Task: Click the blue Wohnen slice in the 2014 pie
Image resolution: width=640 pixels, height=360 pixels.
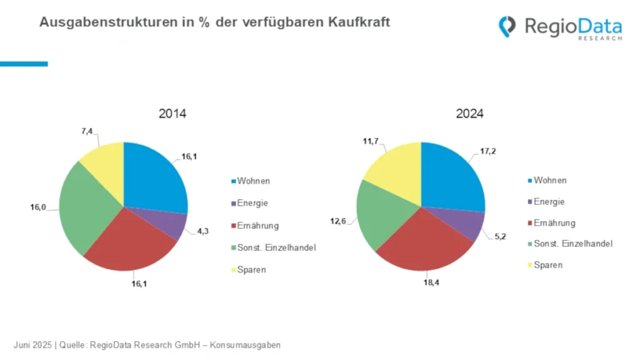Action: pyautogui.click(x=153, y=178)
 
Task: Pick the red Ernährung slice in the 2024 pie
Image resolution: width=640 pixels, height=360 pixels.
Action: pyautogui.click(x=425, y=244)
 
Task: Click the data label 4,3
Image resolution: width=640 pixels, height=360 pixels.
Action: pyautogui.click(x=202, y=231)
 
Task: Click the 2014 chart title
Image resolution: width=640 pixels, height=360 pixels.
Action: pyautogui.click(x=172, y=114)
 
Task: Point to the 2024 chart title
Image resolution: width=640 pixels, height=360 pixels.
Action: pyautogui.click(x=469, y=114)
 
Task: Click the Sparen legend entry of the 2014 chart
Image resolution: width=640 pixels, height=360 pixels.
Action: pyautogui.click(x=249, y=270)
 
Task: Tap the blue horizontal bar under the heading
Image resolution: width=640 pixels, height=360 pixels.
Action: pyautogui.click(x=24, y=64)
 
